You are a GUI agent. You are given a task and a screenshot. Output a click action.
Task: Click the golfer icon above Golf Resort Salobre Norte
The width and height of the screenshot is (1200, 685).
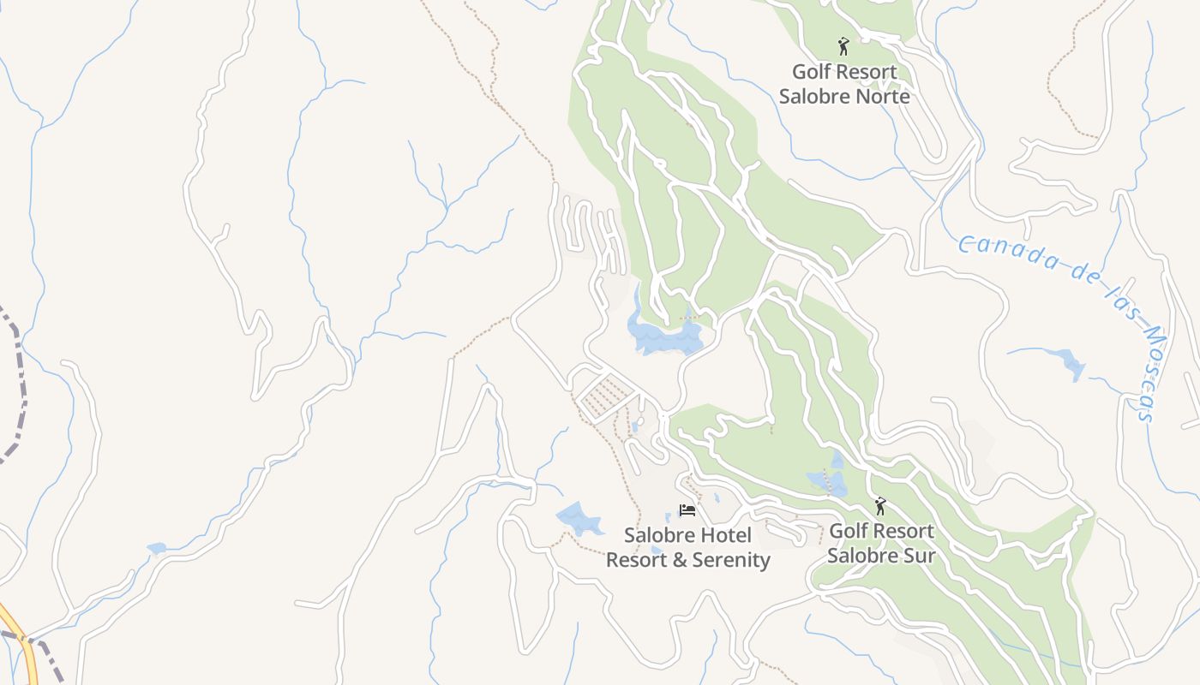click(x=843, y=46)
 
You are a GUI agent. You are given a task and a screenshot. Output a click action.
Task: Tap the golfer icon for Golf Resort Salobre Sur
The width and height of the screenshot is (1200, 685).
click(x=879, y=506)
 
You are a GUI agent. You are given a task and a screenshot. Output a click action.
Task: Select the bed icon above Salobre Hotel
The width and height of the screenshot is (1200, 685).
click(x=687, y=510)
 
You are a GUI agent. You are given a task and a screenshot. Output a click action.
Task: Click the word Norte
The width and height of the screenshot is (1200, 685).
click(x=880, y=96)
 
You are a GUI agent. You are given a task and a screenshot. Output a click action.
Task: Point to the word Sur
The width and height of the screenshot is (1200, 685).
click(x=916, y=555)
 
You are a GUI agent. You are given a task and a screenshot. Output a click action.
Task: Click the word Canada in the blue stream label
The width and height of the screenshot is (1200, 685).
click(x=995, y=249)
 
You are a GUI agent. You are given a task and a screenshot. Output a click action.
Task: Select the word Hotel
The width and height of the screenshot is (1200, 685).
click(x=726, y=536)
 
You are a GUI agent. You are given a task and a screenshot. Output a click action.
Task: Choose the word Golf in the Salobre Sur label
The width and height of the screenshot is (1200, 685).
click(x=849, y=531)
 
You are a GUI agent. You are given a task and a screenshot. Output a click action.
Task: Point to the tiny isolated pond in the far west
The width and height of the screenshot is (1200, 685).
click(x=156, y=548)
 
